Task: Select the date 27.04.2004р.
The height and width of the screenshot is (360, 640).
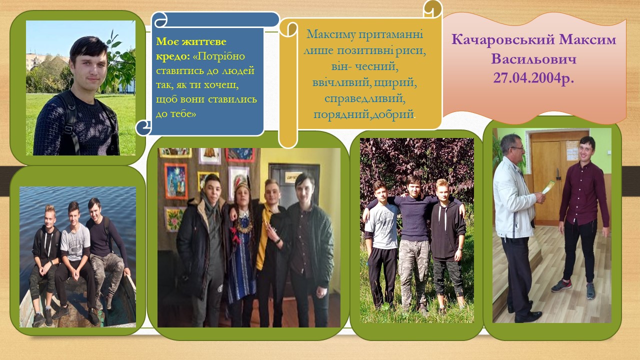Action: (x=533, y=77)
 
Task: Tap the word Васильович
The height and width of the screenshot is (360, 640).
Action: (x=533, y=59)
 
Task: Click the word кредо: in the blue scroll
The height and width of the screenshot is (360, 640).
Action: (x=173, y=56)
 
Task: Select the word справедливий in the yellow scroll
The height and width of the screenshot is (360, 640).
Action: (x=365, y=99)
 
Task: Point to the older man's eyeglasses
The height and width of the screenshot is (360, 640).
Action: (x=517, y=148)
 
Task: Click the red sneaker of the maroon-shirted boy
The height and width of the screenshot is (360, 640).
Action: (x=561, y=285)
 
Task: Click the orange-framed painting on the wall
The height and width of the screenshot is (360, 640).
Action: (x=176, y=181)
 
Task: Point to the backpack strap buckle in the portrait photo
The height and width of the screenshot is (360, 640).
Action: (x=68, y=129)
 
